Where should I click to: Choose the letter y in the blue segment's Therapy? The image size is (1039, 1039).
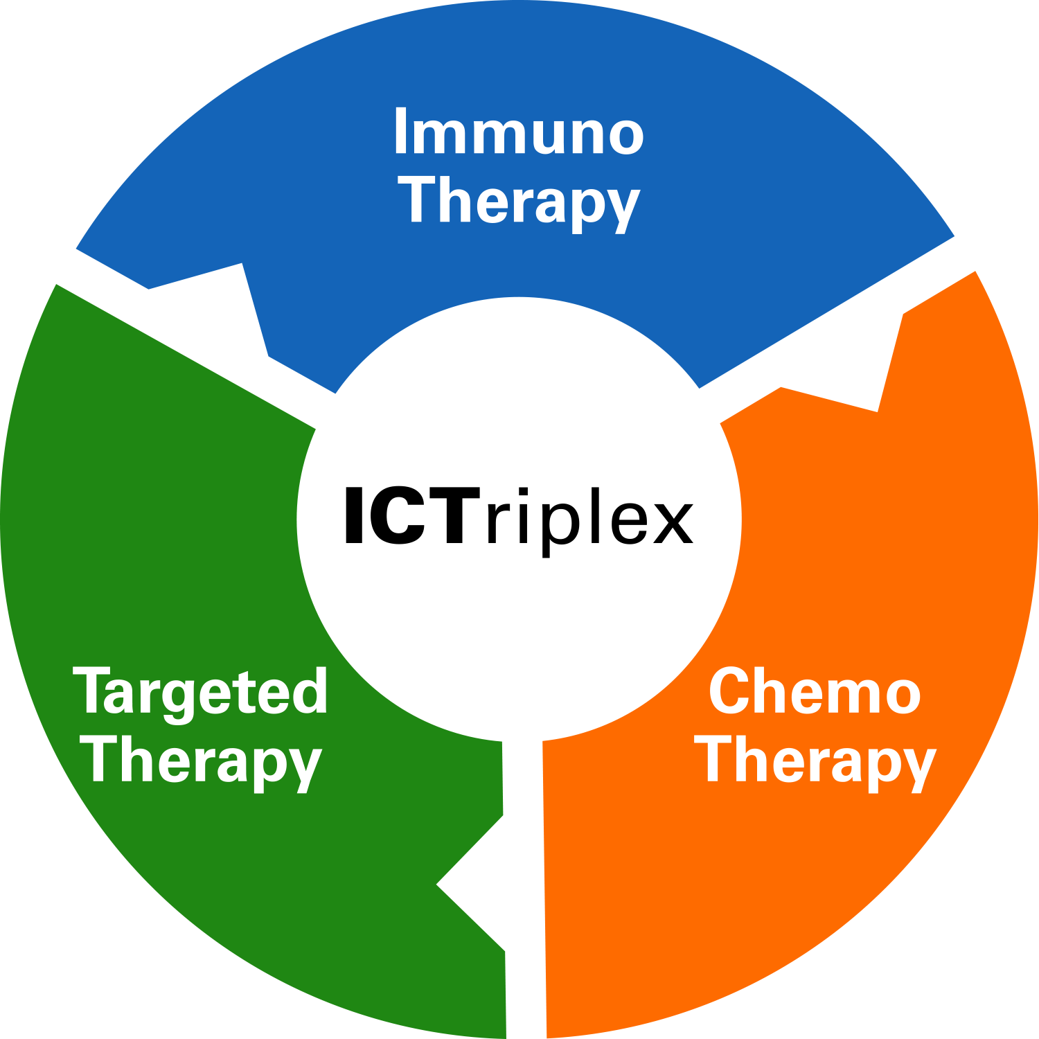click(x=621, y=208)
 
